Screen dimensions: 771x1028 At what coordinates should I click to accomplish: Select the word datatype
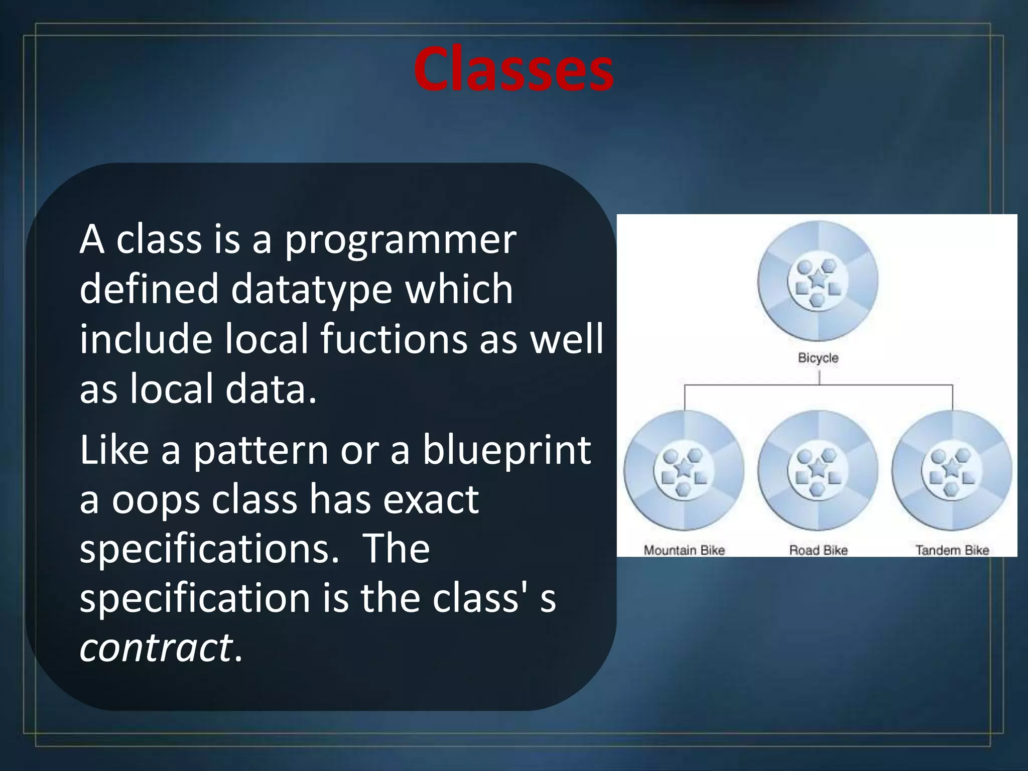pyautogui.click(x=311, y=290)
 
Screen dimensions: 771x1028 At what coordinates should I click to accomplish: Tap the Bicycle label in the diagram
pyautogui.click(x=818, y=358)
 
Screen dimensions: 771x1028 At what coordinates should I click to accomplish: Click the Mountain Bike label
pyautogui.click(x=684, y=550)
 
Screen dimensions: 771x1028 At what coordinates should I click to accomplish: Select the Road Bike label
pyautogui.click(x=818, y=550)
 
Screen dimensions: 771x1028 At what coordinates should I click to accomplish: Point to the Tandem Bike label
pyautogui.click(x=952, y=550)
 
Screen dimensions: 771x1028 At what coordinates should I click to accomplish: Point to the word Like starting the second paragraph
pyautogui.click(x=114, y=450)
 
